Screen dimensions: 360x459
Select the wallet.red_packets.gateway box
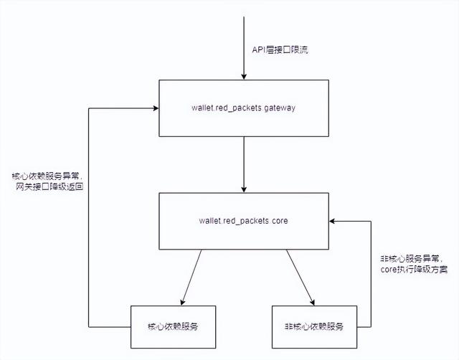click(x=243, y=108)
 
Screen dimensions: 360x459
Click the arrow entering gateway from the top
click(x=243, y=43)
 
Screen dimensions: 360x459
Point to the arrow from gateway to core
click(x=243, y=165)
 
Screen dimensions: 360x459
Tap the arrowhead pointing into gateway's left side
click(x=154, y=108)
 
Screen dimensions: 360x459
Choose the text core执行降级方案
click(x=414, y=270)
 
